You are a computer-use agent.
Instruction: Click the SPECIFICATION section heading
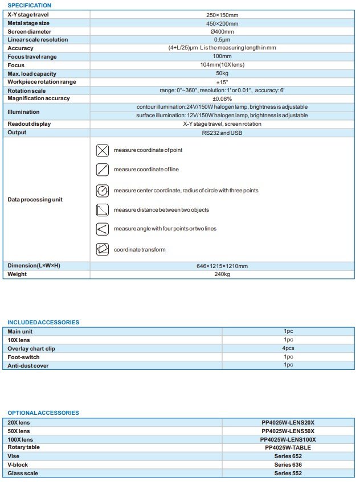click(x=29, y=5)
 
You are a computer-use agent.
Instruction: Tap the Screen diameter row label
click(x=29, y=31)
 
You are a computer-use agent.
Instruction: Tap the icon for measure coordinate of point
click(x=103, y=150)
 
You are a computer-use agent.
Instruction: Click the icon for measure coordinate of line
click(x=103, y=170)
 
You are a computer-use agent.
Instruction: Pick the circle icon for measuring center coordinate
click(x=103, y=190)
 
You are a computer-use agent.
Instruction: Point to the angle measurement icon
click(x=103, y=229)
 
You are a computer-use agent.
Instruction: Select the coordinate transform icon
click(x=103, y=249)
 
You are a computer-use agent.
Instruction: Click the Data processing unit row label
click(x=35, y=200)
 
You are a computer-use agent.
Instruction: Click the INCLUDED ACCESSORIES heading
click(x=43, y=323)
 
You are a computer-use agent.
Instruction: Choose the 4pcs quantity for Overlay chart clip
click(x=288, y=348)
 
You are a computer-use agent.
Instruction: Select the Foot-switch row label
click(x=23, y=357)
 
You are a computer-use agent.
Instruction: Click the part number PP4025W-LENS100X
click(x=287, y=439)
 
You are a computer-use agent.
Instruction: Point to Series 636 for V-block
click(x=287, y=464)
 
